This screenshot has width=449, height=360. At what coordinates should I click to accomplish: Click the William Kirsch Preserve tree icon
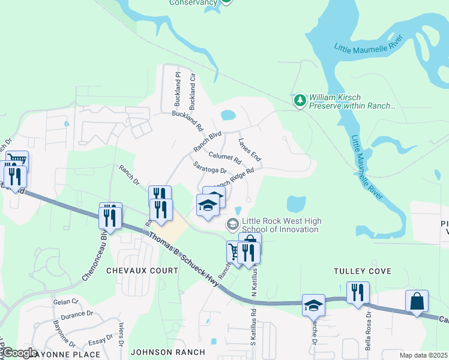[300, 100]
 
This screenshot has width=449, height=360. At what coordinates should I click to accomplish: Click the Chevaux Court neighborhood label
[142, 271]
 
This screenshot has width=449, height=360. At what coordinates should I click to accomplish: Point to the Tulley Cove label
[363, 271]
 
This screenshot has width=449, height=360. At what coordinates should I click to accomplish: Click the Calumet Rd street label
[224, 157]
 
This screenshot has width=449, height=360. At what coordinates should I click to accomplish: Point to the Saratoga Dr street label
[209, 167]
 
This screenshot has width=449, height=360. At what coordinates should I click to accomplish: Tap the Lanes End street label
[250, 150]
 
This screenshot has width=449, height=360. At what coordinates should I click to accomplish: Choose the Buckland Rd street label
[188, 121]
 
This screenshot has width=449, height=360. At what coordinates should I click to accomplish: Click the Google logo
[19, 353]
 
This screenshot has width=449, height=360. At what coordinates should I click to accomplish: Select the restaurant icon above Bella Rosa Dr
[357, 293]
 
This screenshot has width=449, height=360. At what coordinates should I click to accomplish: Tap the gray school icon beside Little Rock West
[232, 224]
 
